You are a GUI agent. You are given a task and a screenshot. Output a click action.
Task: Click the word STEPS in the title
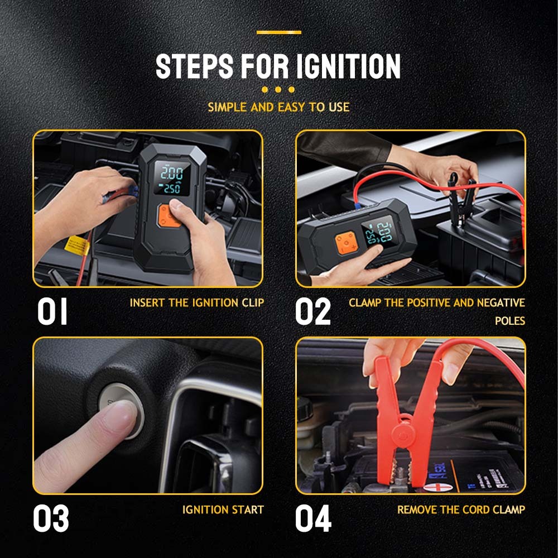coord(195,66)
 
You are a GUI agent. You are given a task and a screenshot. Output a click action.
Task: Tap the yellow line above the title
coord(278,32)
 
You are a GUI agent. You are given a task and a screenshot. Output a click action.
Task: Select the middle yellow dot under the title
coord(278,89)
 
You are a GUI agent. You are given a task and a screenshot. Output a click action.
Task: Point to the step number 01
coord(52,311)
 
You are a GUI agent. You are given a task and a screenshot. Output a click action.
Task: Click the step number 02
coord(313,311)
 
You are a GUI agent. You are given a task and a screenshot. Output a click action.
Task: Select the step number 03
coord(51,518)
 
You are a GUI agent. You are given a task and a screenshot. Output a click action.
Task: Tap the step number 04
coord(313,518)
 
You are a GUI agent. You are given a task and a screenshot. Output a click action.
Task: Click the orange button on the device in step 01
coord(168,216)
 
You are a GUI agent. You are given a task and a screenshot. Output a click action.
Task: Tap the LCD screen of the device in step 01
coord(172,179)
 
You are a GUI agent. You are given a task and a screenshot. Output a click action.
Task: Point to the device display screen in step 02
coord(378,233)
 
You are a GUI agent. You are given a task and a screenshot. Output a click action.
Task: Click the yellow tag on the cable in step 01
coord(77,246)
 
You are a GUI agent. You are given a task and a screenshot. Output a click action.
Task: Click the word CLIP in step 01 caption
coord(253,303)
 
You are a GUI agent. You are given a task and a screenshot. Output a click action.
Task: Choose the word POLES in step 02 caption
coord(510,321)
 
